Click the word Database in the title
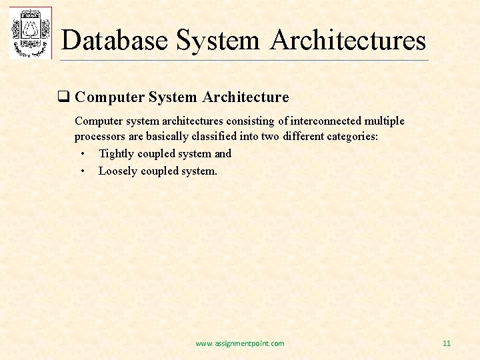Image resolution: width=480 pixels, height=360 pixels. point(115,40)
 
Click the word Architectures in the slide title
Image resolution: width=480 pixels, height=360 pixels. point(348,40)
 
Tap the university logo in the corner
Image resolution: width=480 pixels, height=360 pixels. point(30,33)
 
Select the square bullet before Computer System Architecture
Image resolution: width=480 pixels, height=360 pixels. point(64,98)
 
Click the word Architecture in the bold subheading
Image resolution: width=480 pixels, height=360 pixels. point(245,97)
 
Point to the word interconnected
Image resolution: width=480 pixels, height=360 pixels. point(326,121)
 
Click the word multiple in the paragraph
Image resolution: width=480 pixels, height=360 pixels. point(384,121)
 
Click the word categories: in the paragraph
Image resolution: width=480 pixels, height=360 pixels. point(351,137)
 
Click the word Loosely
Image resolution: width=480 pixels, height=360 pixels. point(118,171)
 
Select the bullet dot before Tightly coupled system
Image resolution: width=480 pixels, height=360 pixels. point(82,154)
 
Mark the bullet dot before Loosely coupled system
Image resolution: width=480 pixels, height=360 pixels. point(82,171)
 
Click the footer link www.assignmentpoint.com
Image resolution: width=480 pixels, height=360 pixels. point(239,343)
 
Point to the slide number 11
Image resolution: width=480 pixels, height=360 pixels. point(447,343)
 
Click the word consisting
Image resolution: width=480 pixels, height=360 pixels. point(250,121)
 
